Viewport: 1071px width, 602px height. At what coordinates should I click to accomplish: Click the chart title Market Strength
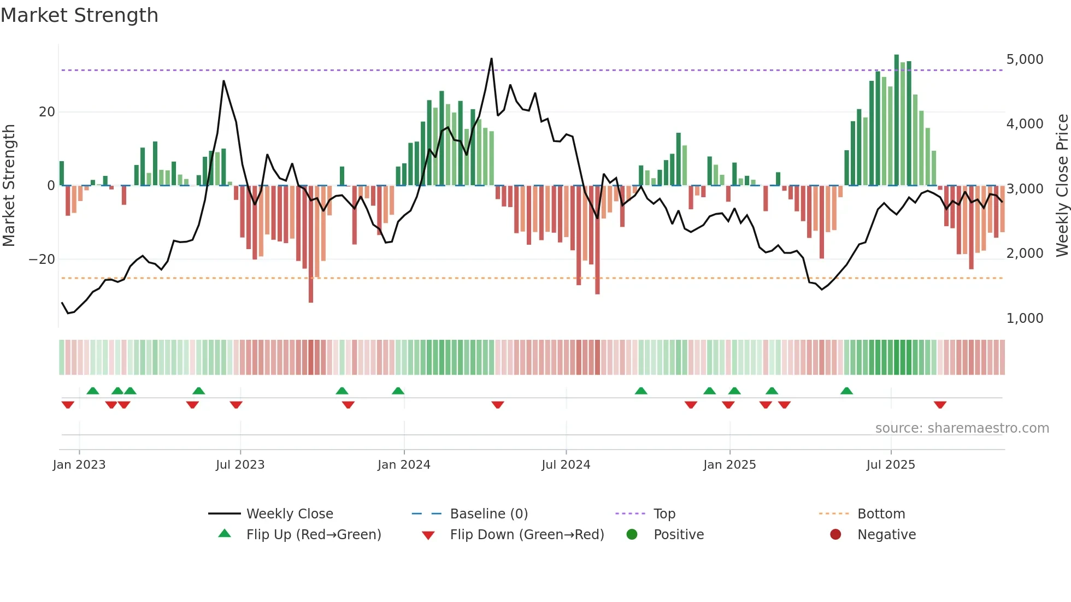[x=79, y=15]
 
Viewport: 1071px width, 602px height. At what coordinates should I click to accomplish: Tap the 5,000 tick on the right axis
[x=1025, y=60]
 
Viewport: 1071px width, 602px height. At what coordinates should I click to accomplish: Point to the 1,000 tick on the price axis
[x=1025, y=318]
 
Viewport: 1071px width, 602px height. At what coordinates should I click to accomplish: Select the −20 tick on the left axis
[x=42, y=259]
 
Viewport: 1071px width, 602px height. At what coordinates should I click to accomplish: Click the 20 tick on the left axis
[x=46, y=112]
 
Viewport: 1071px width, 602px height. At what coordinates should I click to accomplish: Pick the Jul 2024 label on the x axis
[x=566, y=465]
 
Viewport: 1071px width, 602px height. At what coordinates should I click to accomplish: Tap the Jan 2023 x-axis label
[x=79, y=465]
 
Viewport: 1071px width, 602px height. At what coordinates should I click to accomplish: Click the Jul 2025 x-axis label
[x=890, y=465]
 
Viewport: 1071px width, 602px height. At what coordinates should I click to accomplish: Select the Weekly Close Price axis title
[x=1062, y=186]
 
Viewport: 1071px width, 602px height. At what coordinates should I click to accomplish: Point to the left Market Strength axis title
[x=9, y=186]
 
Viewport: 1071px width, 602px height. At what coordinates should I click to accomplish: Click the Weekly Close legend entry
[x=289, y=514]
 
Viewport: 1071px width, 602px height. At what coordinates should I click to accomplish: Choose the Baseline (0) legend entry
[x=489, y=514]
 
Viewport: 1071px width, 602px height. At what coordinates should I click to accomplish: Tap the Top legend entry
[x=664, y=514]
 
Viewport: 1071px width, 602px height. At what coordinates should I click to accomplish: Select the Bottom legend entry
[x=881, y=514]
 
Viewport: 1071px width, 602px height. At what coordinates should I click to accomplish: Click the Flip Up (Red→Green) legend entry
[x=313, y=535]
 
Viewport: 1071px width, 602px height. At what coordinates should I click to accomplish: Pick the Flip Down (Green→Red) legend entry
[x=527, y=535]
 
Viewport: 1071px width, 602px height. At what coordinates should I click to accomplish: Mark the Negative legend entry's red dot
[x=835, y=535]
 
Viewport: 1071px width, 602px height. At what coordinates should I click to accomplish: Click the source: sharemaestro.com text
[x=962, y=428]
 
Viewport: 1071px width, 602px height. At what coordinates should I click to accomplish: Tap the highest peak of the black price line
[x=491, y=59]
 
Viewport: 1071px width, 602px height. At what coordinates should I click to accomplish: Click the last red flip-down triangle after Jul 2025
[x=940, y=405]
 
